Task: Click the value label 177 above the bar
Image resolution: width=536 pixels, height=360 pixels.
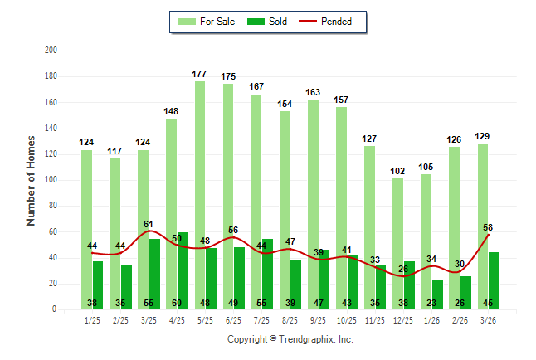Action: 199,75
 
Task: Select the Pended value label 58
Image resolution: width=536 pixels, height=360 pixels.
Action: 488,227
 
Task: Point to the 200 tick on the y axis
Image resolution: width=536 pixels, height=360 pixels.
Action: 51,51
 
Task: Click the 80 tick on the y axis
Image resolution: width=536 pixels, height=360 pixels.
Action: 52,206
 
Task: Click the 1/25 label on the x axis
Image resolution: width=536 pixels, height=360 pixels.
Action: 92,320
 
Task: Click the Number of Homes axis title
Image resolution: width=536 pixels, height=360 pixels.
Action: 32,180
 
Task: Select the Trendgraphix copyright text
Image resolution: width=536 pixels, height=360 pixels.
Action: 290,339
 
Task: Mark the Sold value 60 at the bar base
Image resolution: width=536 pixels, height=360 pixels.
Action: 183,303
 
